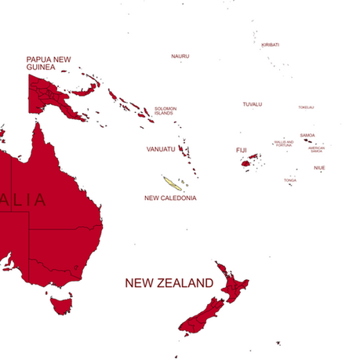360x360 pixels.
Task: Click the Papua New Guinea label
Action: tap(49, 63)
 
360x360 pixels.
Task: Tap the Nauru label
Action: tap(180, 56)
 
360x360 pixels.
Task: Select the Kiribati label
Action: tap(271, 45)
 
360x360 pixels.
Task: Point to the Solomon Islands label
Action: tap(165, 111)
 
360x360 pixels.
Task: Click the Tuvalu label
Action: tap(252, 104)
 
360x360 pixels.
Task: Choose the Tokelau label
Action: tap(306, 107)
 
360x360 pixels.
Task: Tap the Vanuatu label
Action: tap(160, 148)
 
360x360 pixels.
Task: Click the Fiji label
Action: tap(241, 150)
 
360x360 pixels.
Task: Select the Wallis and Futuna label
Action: tap(284, 144)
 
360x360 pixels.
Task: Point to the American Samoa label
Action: tap(316, 149)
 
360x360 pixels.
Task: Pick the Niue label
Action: tap(319, 168)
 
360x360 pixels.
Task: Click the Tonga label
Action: tap(290, 180)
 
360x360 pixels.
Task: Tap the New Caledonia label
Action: tap(170, 198)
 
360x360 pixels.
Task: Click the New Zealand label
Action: tap(169, 282)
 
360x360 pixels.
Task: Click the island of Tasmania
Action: tap(61, 304)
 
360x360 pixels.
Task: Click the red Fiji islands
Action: tap(252, 160)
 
